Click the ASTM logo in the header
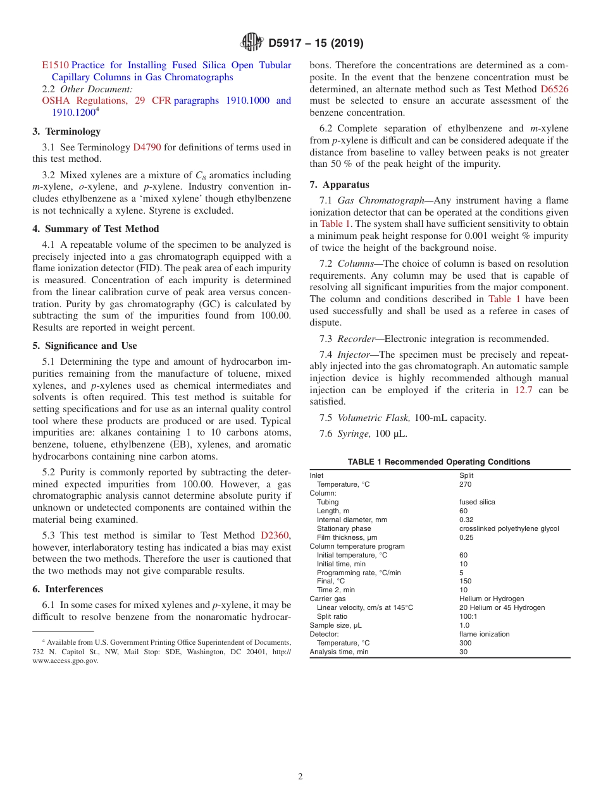(x=252, y=43)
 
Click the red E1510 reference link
(x=55, y=65)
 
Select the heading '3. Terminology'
(x=66, y=131)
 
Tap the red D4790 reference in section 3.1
(x=147, y=147)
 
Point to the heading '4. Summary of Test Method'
(x=96, y=229)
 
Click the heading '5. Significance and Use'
(x=85, y=346)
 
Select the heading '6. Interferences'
(x=68, y=589)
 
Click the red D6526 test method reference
(x=554, y=89)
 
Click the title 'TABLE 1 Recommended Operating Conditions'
(x=439, y=462)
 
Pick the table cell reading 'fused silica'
(x=477, y=502)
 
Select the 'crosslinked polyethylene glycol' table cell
(x=509, y=528)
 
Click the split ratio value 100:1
(x=467, y=616)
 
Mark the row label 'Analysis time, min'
(x=339, y=652)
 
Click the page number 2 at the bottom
(x=300, y=777)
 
